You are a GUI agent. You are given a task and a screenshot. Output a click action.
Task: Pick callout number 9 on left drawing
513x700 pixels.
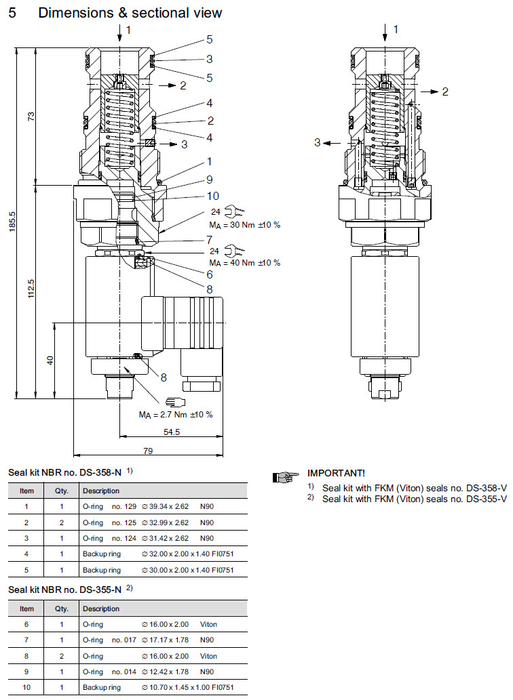point(210,180)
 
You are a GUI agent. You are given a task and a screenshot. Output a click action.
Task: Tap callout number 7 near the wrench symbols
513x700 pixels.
point(210,240)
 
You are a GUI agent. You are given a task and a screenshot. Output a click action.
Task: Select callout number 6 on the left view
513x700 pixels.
point(210,274)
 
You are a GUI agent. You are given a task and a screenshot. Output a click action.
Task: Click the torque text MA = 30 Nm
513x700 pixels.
point(244,224)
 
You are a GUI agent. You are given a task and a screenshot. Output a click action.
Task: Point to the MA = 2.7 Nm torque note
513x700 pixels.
point(176,414)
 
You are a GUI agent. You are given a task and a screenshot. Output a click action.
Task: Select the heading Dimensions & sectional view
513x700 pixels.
point(130,13)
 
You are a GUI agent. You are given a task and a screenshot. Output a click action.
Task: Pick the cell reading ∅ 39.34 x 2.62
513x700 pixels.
point(165,506)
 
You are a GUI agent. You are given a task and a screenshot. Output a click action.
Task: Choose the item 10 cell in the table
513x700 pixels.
point(26,686)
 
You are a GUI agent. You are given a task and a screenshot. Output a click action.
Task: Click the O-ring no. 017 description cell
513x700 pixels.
point(109,640)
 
